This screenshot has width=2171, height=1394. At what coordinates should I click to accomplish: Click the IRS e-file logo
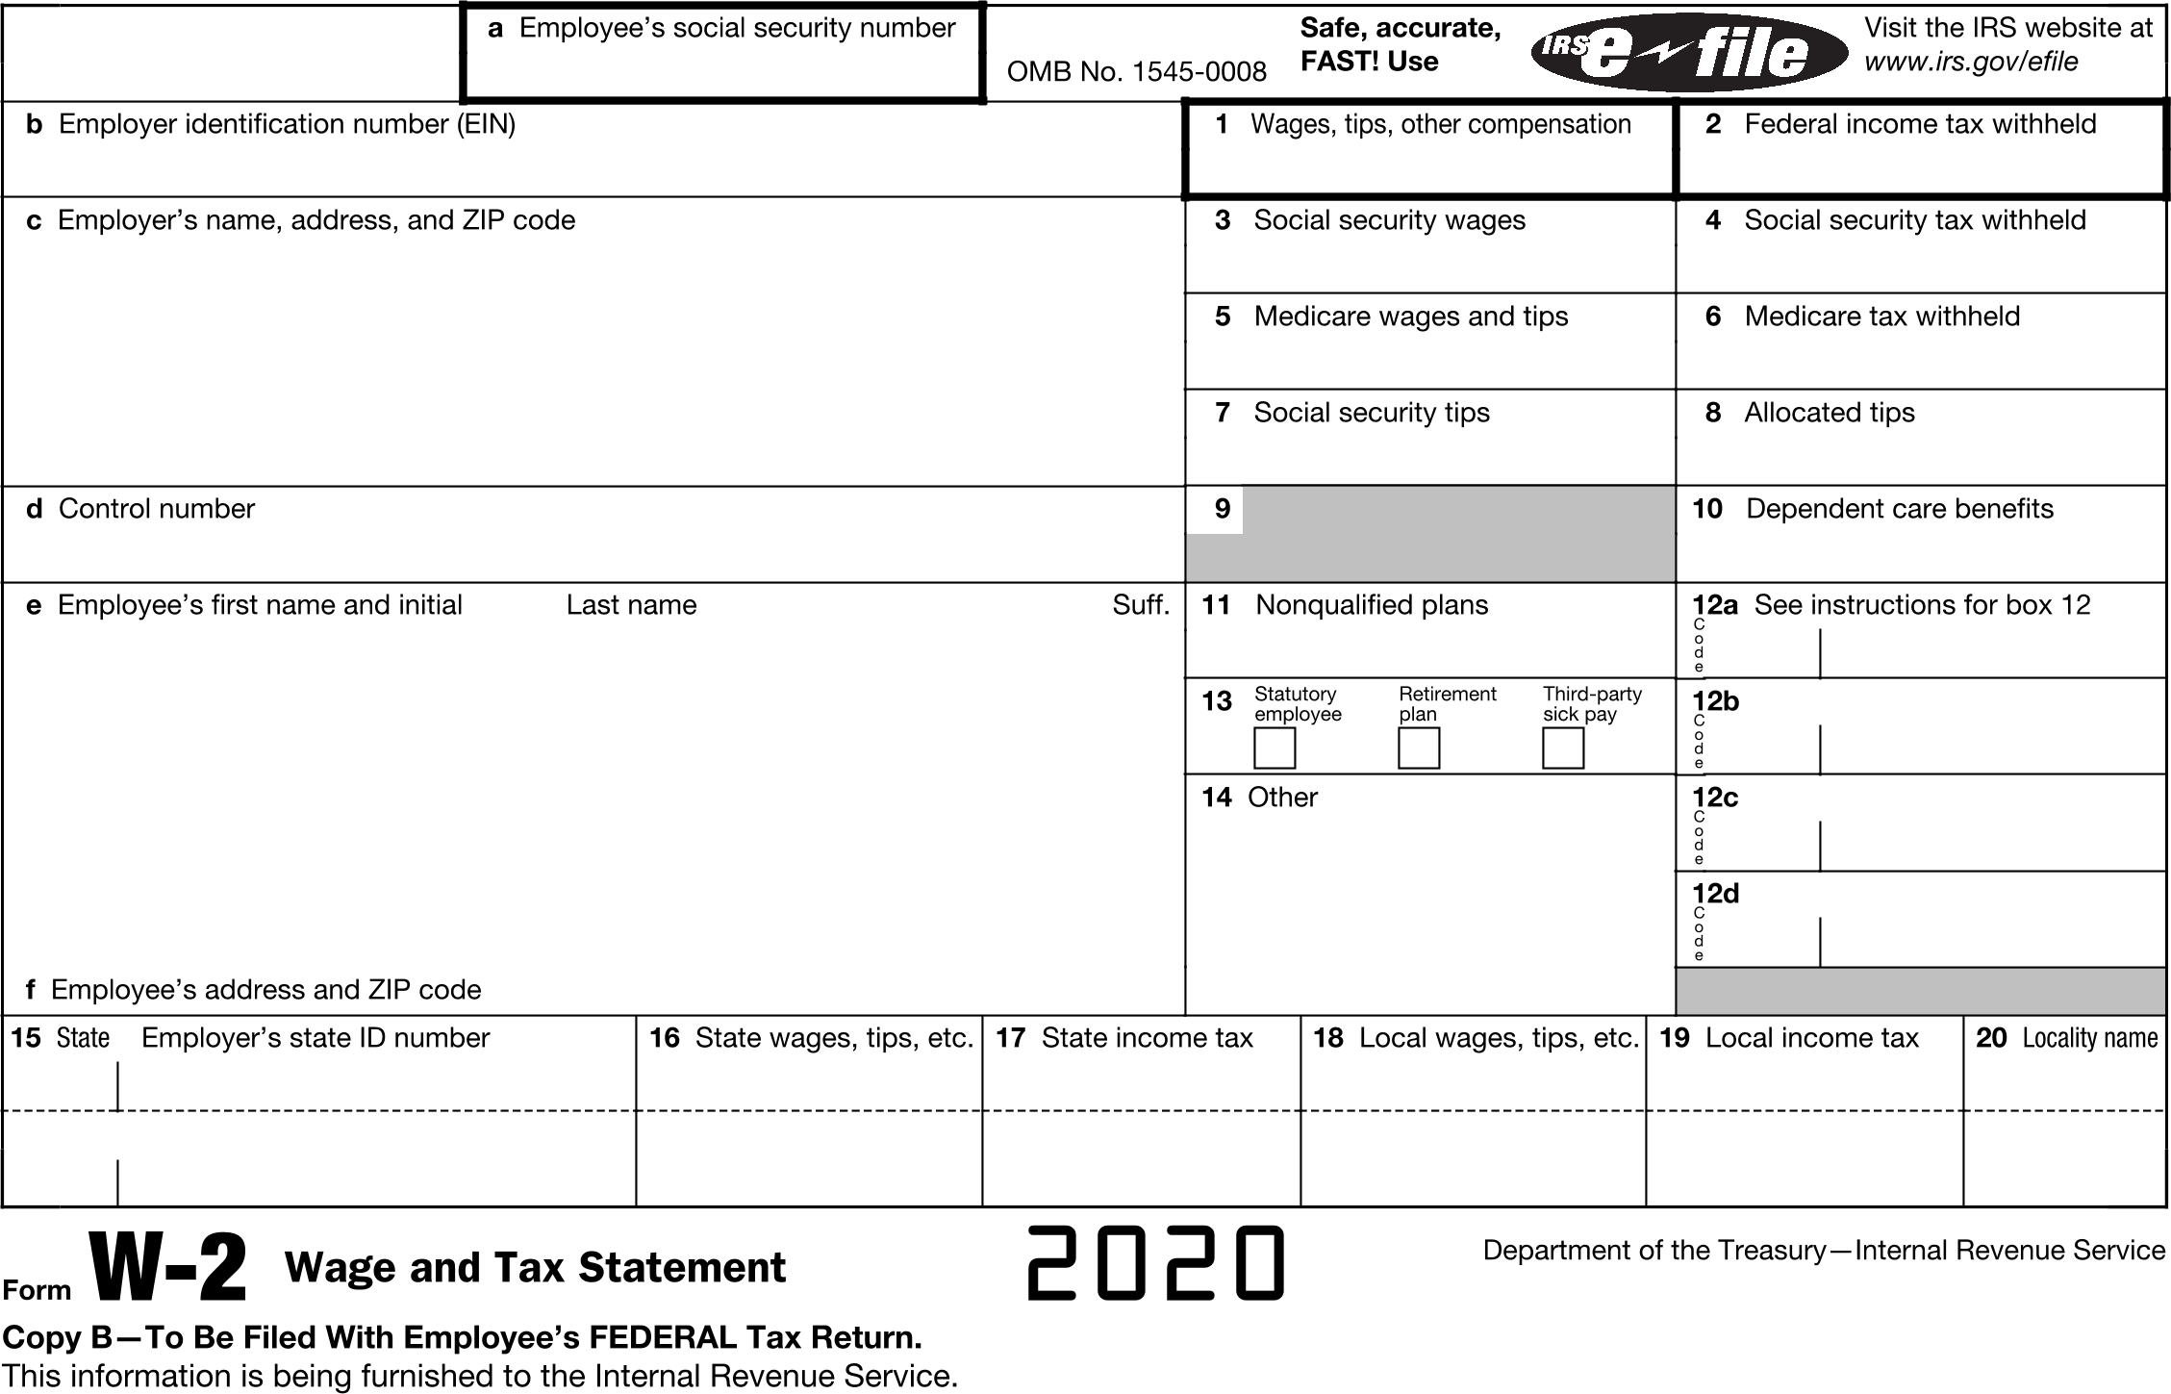(x=1688, y=53)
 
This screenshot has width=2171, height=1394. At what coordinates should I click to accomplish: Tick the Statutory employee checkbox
(x=1275, y=748)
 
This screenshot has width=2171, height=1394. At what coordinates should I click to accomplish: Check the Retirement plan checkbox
(x=1419, y=748)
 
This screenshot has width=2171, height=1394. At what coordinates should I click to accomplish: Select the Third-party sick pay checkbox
(x=1563, y=748)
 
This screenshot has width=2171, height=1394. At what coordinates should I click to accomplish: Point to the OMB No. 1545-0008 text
(x=1136, y=72)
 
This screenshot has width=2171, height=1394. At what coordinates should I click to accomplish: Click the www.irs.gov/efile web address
(x=1971, y=62)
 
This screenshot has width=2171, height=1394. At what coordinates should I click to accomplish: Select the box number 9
(x=1222, y=509)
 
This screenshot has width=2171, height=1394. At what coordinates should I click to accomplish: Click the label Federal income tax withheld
(x=1920, y=124)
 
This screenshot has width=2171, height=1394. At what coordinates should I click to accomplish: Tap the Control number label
(x=157, y=509)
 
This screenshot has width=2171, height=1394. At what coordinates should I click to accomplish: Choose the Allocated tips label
(x=1829, y=413)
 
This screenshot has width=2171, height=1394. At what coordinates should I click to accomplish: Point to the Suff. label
(x=1141, y=605)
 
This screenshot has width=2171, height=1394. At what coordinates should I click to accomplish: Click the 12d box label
(x=1716, y=894)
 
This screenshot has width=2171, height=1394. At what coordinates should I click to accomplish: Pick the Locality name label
(x=2090, y=1038)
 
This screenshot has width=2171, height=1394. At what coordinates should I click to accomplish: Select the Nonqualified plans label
(x=1372, y=605)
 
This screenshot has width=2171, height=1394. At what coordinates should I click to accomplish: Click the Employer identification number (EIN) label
(x=287, y=124)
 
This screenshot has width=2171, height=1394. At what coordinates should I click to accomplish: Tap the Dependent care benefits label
(x=1899, y=509)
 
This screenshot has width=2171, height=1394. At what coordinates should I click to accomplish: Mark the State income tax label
(x=1147, y=1038)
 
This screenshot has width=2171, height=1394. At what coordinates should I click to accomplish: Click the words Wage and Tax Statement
(x=535, y=1268)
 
